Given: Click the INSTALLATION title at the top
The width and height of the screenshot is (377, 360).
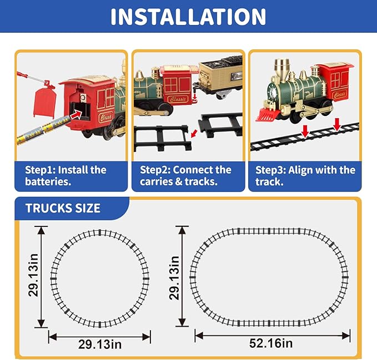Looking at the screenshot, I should [x=188, y=17].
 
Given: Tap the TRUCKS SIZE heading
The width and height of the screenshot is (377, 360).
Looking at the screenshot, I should [x=63, y=209].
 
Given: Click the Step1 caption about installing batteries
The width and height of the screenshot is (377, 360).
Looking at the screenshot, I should [x=66, y=176].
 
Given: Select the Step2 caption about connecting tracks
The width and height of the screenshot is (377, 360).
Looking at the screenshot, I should [x=185, y=176].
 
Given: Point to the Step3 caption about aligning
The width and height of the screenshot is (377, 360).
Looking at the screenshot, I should [x=305, y=176].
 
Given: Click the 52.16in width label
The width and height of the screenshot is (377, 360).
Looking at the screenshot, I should [x=271, y=344].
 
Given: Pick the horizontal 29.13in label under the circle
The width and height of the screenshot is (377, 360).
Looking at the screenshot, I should [x=99, y=344].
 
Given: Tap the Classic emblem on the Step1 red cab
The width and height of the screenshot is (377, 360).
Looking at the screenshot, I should [x=105, y=117].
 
